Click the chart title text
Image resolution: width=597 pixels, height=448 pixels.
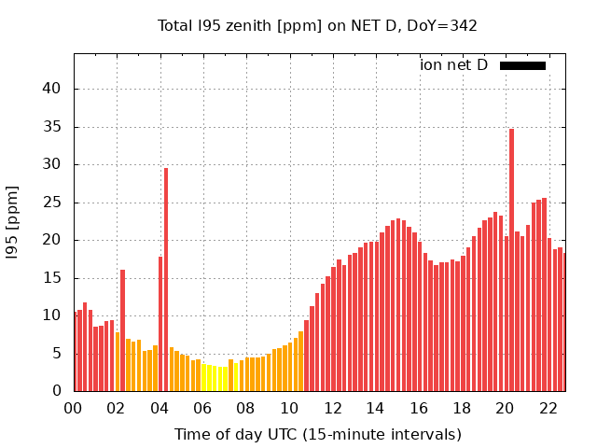pyautogui.click(x=317, y=25)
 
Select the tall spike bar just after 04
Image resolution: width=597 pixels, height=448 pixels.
pyautogui.click(x=166, y=280)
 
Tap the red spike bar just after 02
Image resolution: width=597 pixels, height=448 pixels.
pyautogui.click(x=122, y=330)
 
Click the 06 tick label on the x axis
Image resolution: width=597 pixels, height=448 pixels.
pyautogui.click(x=202, y=408)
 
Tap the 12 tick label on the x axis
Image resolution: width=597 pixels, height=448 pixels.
pyautogui.click(x=332, y=408)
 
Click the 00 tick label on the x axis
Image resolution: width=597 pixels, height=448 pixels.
pyautogui.click(x=74, y=408)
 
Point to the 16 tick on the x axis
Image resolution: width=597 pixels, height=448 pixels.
pyautogui.click(x=419, y=408)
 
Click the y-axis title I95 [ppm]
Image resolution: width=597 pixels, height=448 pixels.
pyautogui.click(x=13, y=221)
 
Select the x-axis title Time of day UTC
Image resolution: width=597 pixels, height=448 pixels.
pyautogui.click(x=317, y=435)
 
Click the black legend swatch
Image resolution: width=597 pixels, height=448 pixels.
pyautogui.click(x=522, y=65)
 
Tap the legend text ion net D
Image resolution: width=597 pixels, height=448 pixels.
pyautogui.click(x=453, y=65)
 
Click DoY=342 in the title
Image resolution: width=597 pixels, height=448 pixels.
pyautogui.click(x=445, y=25)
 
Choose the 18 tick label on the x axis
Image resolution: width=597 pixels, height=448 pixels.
pyautogui.click(x=462, y=408)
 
